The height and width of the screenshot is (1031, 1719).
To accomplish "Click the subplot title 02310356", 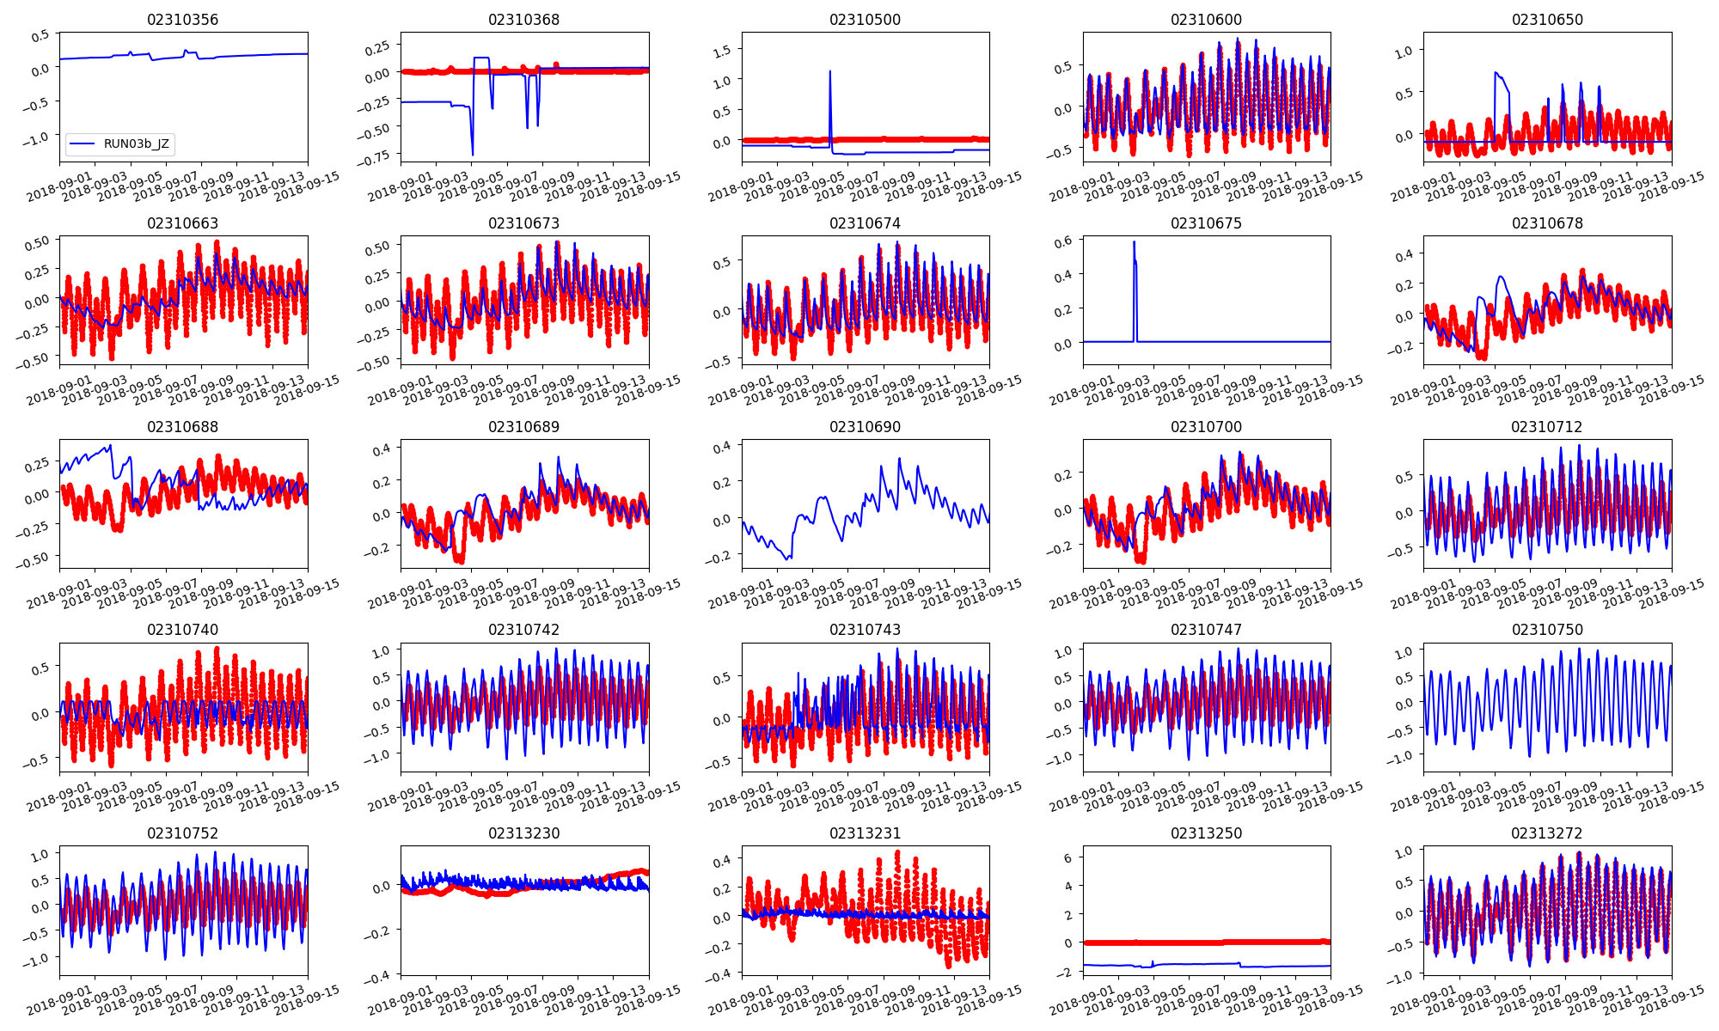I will [x=182, y=20].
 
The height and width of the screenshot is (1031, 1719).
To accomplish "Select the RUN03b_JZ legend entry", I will [x=136, y=143].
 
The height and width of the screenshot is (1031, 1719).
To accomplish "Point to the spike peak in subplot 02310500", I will [x=829, y=71].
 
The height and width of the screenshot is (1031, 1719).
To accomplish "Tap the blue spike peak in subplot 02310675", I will [x=1134, y=242].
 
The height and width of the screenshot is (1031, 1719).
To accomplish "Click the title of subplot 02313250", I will [x=1206, y=833].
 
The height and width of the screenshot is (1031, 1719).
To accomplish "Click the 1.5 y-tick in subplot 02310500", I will [x=723, y=51].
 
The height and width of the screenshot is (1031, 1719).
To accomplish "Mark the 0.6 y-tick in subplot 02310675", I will [x=1062, y=241].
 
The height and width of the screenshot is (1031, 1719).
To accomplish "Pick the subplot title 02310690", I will [x=865, y=427].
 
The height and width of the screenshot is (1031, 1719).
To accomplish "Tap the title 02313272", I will [x=1547, y=833].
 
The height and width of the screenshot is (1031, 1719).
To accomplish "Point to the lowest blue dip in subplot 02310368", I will [x=473, y=155].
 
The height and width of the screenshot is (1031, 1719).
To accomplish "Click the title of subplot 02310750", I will [x=1547, y=630].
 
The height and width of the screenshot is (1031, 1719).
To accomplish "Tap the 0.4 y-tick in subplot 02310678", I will [x=1404, y=255].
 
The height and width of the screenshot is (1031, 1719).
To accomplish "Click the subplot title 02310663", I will [x=182, y=223].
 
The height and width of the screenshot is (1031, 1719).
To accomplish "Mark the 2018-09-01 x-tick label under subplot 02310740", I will [x=58, y=793].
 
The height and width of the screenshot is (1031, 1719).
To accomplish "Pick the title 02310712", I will [x=1547, y=427].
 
